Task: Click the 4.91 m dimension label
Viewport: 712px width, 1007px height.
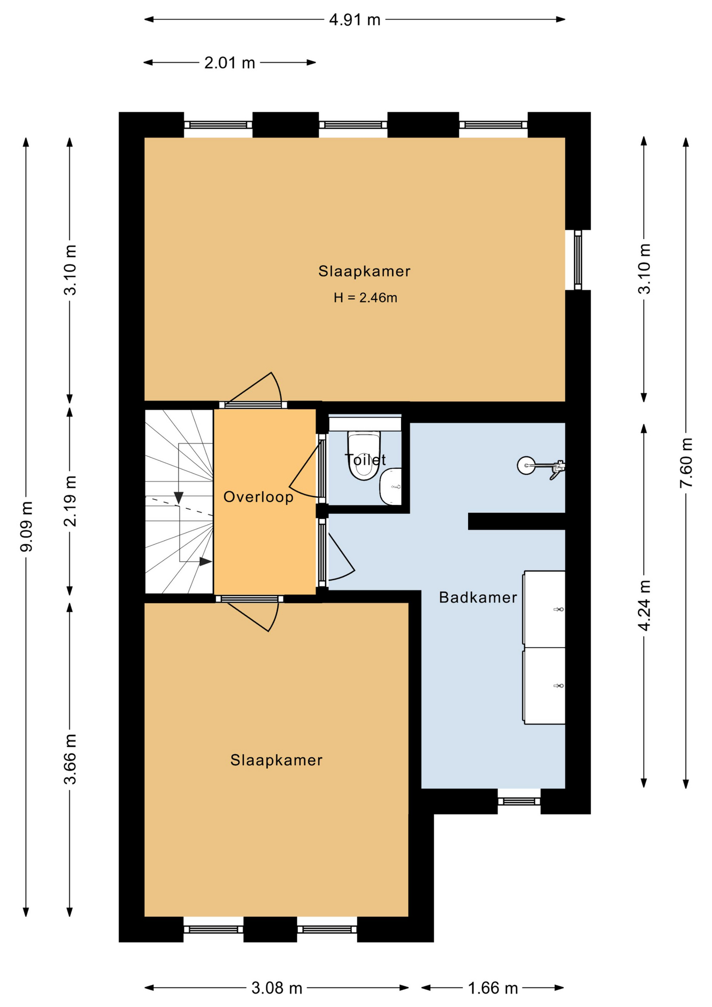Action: (x=354, y=20)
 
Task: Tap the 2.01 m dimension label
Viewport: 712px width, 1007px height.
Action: (x=230, y=63)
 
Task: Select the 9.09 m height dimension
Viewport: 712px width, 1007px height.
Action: (x=26, y=527)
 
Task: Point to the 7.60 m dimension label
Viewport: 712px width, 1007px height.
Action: (x=686, y=462)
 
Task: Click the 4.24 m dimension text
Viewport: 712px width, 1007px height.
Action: (x=644, y=605)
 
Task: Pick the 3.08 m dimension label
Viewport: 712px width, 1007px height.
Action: (x=277, y=988)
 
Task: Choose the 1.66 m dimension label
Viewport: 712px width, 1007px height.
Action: (x=492, y=988)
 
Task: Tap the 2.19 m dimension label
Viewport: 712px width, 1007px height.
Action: (x=70, y=501)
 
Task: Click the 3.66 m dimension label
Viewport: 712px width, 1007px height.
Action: (x=70, y=759)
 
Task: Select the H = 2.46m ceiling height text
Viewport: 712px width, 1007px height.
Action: (x=365, y=298)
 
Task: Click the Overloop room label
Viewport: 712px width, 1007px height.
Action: (x=258, y=497)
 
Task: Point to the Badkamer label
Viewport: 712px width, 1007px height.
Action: (x=478, y=597)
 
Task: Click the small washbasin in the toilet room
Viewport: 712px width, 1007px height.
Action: (x=391, y=486)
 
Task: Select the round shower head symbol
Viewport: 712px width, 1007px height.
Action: (x=526, y=465)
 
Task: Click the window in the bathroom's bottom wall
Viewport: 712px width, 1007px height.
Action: (x=519, y=801)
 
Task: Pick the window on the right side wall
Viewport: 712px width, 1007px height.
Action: (x=578, y=260)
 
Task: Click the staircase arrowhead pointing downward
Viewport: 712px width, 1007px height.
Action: (x=179, y=498)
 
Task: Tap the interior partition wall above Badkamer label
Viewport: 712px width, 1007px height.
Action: (x=516, y=521)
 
